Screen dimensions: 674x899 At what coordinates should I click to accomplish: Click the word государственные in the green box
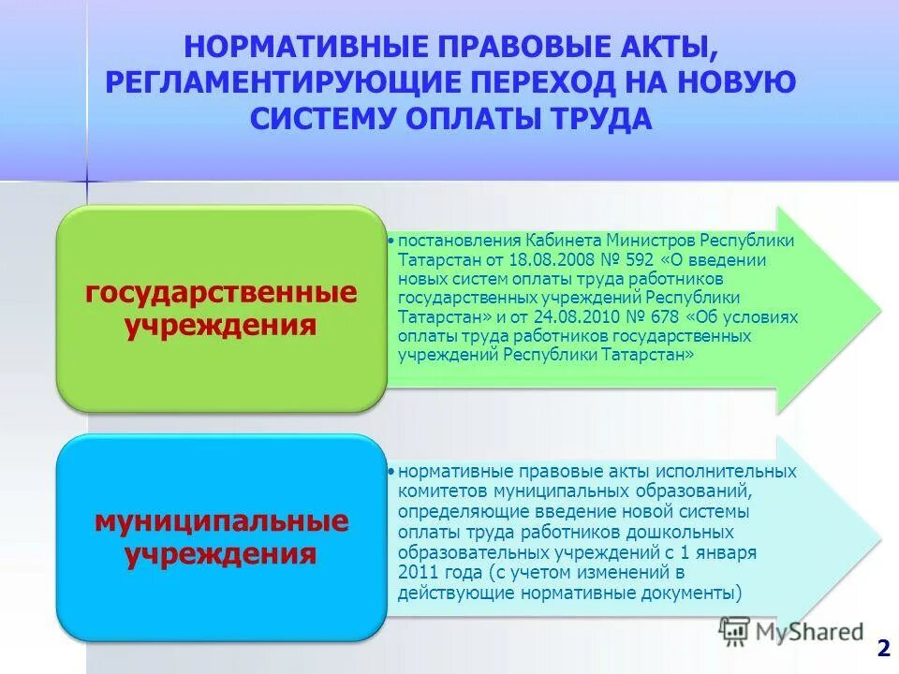[x=221, y=293]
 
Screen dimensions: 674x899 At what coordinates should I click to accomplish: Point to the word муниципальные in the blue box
[x=221, y=520]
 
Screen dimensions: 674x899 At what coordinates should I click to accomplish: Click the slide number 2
[x=882, y=649]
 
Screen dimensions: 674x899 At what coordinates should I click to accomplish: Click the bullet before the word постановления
[x=391, y=241]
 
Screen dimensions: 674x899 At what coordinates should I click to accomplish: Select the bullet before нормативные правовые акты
[x=391, y=471]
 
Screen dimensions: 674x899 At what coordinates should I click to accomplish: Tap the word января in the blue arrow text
[x=723, y=552]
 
